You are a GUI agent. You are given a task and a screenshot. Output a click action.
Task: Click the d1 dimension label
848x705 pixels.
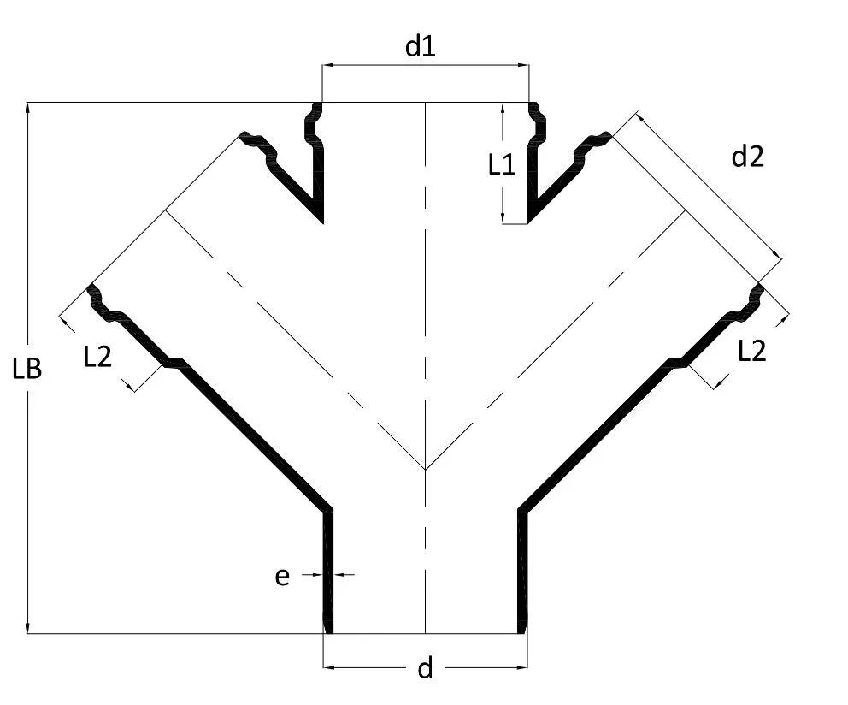tap(421, 47)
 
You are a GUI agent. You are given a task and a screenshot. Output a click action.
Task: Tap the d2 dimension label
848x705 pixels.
tap(747, 157)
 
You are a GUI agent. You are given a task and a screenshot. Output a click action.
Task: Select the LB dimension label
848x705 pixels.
tap(27, 370)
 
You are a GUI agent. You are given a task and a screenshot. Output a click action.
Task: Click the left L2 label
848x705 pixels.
tap(98, 358)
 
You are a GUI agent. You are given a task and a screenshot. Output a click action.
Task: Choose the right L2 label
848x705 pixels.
tap(752, 352)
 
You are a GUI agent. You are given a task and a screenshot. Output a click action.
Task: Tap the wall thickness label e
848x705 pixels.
tap(282, 577)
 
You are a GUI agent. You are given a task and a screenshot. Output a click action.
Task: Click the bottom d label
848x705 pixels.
tap(426, 669)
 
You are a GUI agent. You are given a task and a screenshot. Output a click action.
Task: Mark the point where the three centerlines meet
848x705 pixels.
tap(426, 470)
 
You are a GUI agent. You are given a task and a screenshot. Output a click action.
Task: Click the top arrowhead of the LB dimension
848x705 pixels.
tap(27, 108)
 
